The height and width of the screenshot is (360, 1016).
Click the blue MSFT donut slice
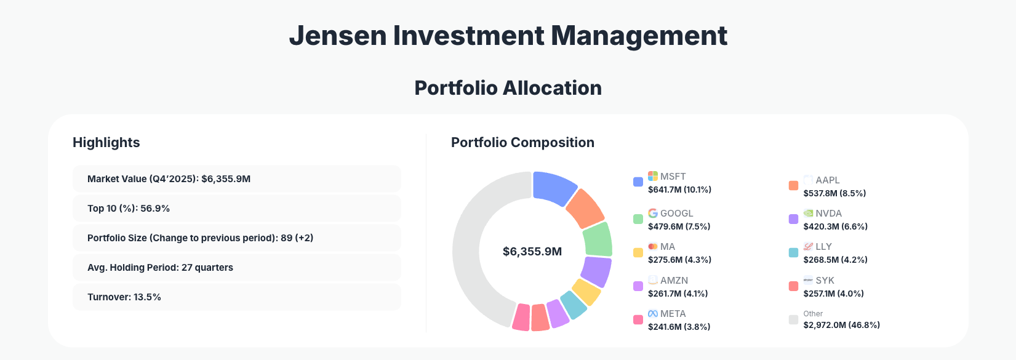click(553, 188)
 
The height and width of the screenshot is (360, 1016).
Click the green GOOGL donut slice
click(598, 239)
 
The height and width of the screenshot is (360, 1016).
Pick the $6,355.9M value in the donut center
click(532, 252)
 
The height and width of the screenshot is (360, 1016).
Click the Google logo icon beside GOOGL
click(653, 213)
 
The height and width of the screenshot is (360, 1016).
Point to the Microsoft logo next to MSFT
click(653, 176)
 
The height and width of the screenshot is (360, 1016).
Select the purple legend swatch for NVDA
click(793, 219)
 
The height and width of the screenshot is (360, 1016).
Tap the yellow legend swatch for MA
click(638, 252)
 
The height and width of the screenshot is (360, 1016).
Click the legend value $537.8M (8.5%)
click(834, 193)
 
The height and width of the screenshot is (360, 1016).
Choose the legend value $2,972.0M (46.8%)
click(841, 325)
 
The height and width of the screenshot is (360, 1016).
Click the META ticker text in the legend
click(673, 314)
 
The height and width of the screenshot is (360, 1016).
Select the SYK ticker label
click(825, 280)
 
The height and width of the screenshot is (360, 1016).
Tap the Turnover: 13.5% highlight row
click(237, 297)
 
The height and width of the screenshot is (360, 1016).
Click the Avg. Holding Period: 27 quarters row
click(237, 268)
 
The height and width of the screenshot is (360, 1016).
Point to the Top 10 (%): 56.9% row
click(237, 209)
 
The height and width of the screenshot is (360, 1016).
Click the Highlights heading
click(106, 142)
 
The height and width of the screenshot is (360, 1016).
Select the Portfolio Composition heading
click(522, 142)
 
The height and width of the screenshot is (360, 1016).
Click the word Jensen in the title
click(337, 36)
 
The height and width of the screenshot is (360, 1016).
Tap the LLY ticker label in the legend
click(823, 246)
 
